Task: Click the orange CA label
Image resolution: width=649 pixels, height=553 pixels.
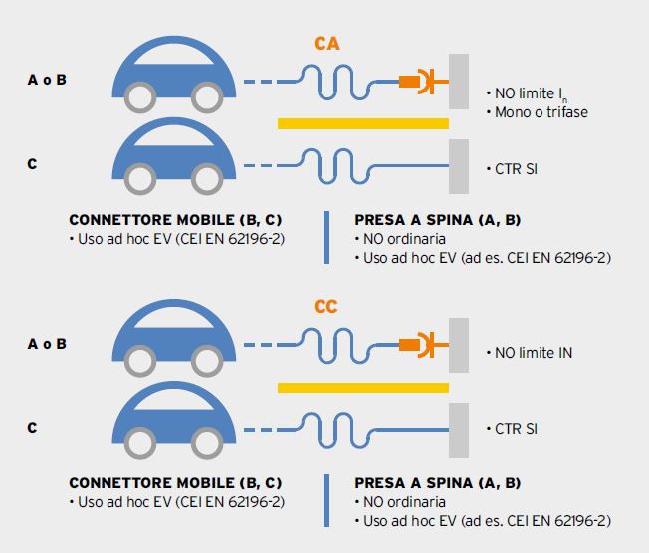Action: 326,44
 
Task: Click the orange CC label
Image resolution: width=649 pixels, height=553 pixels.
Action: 326,307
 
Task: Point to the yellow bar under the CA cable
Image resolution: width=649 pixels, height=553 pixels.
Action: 362,123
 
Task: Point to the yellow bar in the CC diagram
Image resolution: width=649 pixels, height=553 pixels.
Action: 362,386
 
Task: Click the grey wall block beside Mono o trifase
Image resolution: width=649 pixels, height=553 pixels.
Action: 458,81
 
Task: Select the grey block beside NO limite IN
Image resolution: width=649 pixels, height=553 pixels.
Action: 458,343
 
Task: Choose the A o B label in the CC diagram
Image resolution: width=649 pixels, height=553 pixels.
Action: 47,344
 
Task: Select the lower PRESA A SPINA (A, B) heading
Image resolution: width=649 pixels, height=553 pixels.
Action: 438,483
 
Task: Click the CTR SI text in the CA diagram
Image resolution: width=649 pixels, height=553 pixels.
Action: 516,169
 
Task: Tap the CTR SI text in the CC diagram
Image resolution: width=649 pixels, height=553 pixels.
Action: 516,430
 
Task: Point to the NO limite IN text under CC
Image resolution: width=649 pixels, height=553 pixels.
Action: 533,353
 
